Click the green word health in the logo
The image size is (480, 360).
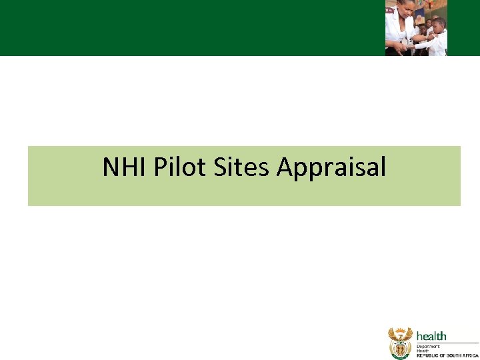click(431, 337)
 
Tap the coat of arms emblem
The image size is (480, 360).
click(401, 343)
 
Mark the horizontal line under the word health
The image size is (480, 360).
click(447, 343)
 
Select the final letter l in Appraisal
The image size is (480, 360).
click(383, 167)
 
